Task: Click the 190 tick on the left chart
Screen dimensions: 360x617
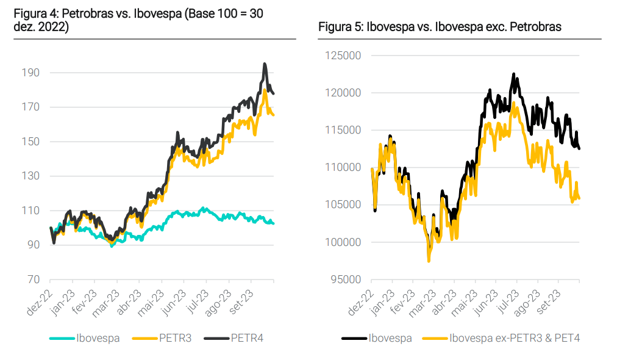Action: pos(30,73)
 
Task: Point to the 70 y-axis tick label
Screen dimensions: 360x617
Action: pos(33,279)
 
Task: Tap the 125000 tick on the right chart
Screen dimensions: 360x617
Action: pos(344,56)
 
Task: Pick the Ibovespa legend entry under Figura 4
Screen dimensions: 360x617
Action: pos(98,338)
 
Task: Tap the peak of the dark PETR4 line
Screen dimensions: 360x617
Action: pos(265,63)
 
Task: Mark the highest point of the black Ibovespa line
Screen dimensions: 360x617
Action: pos(513,74)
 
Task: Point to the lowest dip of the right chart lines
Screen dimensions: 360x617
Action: pos(429,261)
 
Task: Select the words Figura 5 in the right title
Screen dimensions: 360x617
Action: pos(338,27)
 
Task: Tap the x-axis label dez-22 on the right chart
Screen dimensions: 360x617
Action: pos(360,301)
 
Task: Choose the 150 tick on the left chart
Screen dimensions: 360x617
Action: pos(30,142)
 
